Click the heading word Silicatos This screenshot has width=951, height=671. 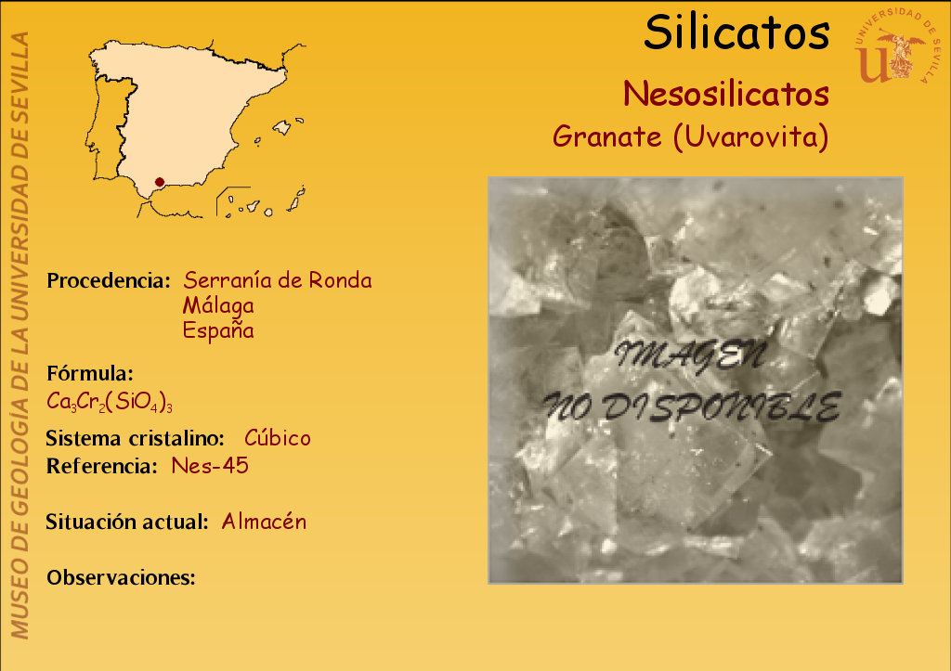pyautogui.click(x=736, y=32)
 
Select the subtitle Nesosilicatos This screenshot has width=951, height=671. pyautogui.click(x=726, y=94)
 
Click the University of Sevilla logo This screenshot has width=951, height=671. pyautogui.click(x=896, y=46)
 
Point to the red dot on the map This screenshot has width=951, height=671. pyautogui.click(x=160, y=182)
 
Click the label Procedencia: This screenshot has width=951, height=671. pyautogui.click(x=109, y=280)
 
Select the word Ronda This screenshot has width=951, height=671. pyautogui.click(x=340, y=280)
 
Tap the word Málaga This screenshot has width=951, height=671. pyautogui.click(x=218, y=305)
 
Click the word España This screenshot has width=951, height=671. pyautogui.click(x=218, y=330)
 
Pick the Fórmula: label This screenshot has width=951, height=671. pyautogui.click(x=90, y=373)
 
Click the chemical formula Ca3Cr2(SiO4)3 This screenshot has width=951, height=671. pyautogui.click(x=110, y=402)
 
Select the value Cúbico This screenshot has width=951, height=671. pyautogui.click(x=278, y=438)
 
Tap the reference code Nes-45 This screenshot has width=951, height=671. pyautogui.click(x=210, y=466)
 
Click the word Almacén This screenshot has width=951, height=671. pyautogui.click(x=264, y=522)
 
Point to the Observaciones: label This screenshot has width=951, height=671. pyautogui.click(x=122, y=577)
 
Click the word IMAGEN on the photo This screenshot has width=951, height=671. pyautogui.click(x=689, y=355)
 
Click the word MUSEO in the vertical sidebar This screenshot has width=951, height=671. pyautogui.click(x=20, y=599)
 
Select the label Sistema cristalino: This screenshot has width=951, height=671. pyautogui.click(x=136, y=438)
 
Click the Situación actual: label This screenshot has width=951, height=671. pyautogui.click(x=127, y=522)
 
